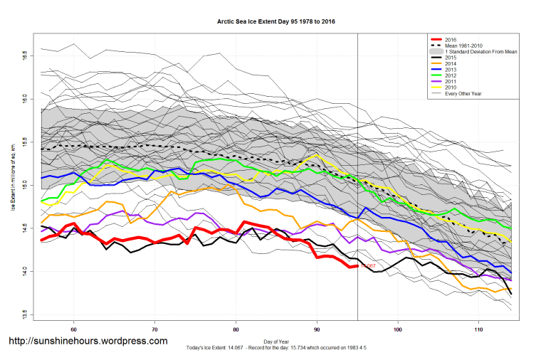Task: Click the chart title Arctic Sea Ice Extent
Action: click(275, 21)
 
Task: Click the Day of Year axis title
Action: click(275, 340)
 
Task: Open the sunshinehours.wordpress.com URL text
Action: click(88, 341)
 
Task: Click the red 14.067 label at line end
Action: click(367, 266)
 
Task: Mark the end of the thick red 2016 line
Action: click(356, 266)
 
